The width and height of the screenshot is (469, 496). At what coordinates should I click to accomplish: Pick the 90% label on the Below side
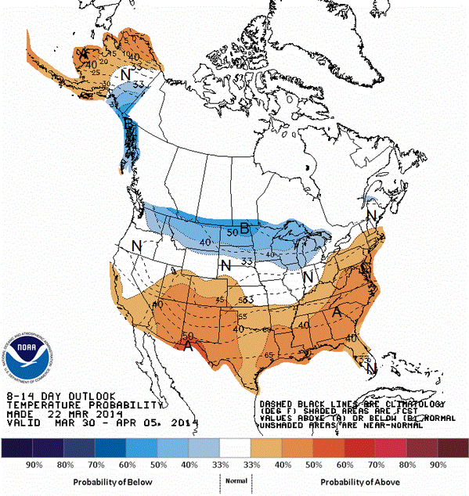pyautogui.click(x=34, y=464)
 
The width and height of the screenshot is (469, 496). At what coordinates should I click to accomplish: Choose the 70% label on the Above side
pyautogui.click(x=379, y=464)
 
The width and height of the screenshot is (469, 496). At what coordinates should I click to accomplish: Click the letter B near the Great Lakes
pyautogui.click(x=245, y=228)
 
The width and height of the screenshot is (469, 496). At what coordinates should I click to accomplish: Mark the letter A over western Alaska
pyautogui.click(x=84, y=52)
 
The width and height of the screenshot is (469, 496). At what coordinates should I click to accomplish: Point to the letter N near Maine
pyautogui.click(x=373, y=214)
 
